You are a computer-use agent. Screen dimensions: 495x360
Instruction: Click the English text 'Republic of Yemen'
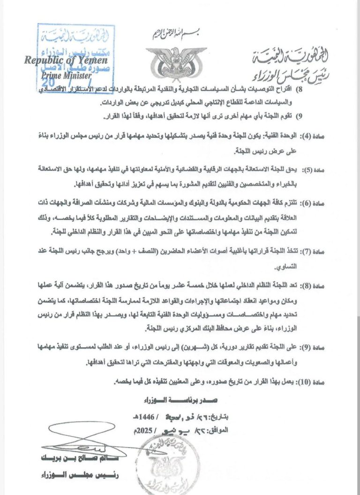66,60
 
